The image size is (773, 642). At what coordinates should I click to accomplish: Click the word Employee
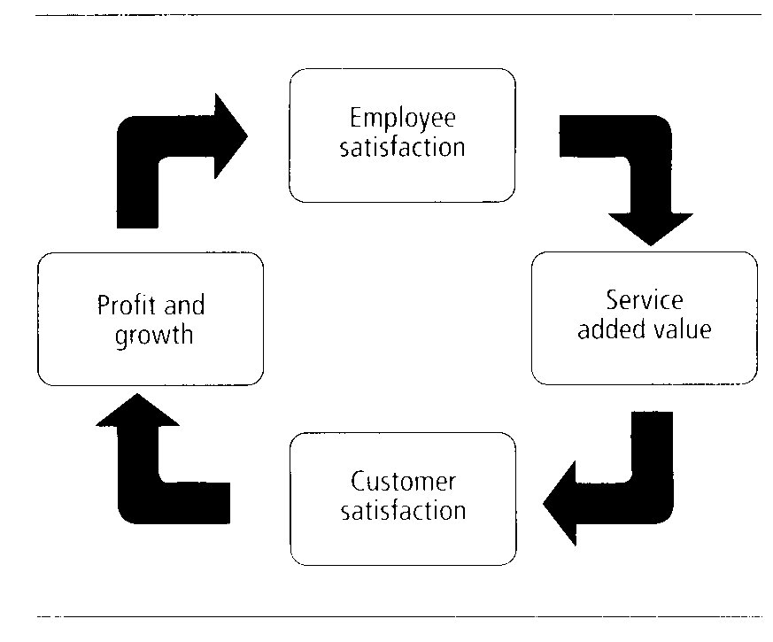click(x=402, y=120)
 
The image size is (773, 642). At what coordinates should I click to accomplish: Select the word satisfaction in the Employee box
click(x=402, y=146)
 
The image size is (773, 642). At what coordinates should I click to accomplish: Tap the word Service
click(x=644, y=299)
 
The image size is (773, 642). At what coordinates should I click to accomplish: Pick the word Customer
click(x=402, y=483)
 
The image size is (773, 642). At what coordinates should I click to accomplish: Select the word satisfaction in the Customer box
click(x=402, y=511)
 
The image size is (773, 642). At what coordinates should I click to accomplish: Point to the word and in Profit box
click(x=184, y=306)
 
